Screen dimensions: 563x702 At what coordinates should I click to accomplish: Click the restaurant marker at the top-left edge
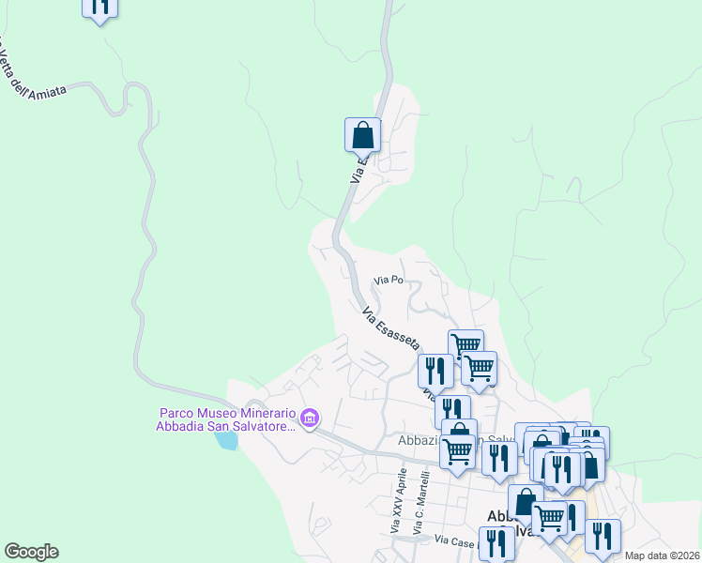[x=99, y=6]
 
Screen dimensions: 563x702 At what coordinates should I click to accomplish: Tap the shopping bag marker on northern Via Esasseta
[x=362, y=135]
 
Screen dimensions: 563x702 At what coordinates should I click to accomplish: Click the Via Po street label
[x=389, y=280]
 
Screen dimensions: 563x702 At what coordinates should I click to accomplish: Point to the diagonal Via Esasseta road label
[x=390, y=328]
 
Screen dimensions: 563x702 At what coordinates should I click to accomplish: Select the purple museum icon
[x=310, y=416]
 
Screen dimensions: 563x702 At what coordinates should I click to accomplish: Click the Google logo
[x=31, y=552]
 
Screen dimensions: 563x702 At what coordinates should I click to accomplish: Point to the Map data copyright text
[x=661, y=555]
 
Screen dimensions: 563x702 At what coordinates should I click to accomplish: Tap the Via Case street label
[x=455, y=540]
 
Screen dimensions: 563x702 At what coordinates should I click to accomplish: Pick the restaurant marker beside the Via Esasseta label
[x=435, y=372]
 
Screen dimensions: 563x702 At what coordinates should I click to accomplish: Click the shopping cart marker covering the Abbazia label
[x=458, y=451]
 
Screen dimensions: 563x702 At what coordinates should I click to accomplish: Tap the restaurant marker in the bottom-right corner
[x=603, y=536]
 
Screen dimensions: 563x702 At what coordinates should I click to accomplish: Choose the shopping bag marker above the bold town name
[x=526, y=502]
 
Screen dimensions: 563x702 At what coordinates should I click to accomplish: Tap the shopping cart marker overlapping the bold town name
[x=549, y=517]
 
